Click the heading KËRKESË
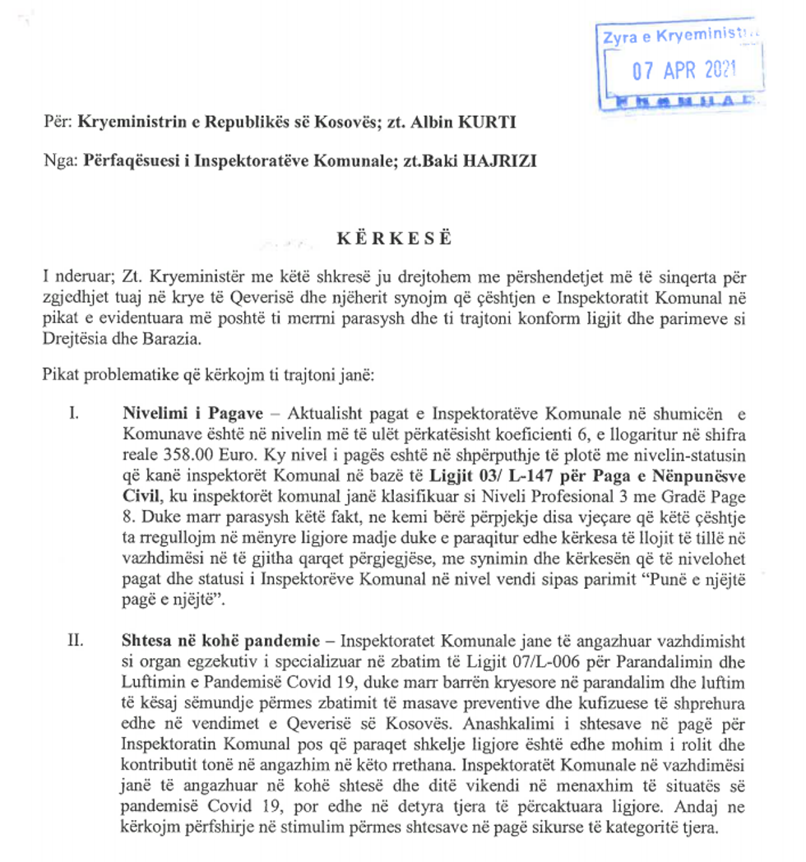394,239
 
